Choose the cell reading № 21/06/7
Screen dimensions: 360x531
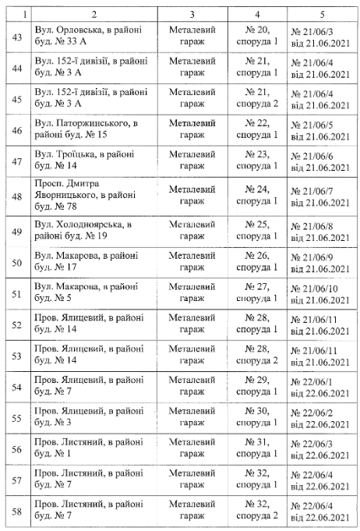[x=321, y=197]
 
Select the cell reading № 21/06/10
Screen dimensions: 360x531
[x=321, y=294]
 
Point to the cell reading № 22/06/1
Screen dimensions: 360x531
[x=321, y=386]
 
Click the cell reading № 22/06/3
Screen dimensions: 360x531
[x=321, y=448]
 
